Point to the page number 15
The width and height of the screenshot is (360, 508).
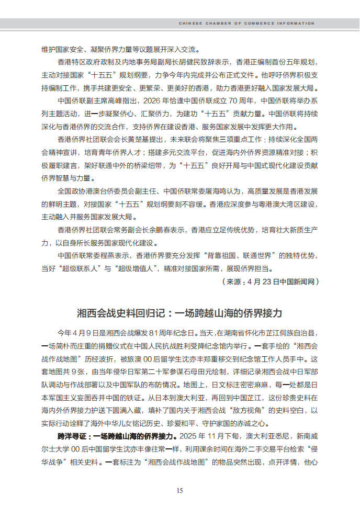point(179,490)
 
